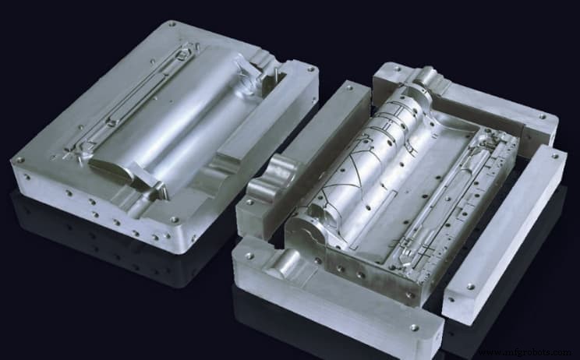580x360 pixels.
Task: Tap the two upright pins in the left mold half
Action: coord(275,72)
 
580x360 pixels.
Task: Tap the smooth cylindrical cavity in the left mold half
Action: coord(187,117)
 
